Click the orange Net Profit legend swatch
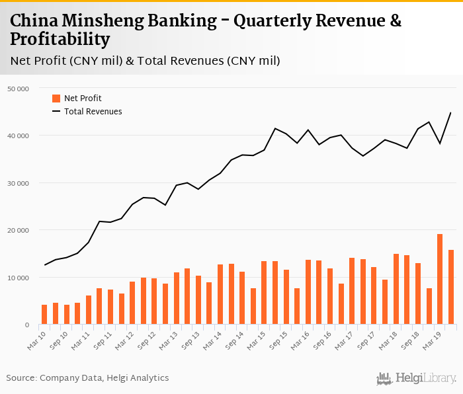click(x=56, y=98)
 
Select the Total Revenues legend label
click(x=93, y=112)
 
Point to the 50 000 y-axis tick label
click(x=18, y=89)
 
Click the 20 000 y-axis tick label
click(x=18, y=230)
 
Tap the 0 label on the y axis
click(x=27, y=325)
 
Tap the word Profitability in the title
click(x=60, y=40)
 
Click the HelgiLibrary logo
click(x=416, y=378)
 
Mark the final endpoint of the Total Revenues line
click(x=450, y=112)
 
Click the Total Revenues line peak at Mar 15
click(x=275, y=128)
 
